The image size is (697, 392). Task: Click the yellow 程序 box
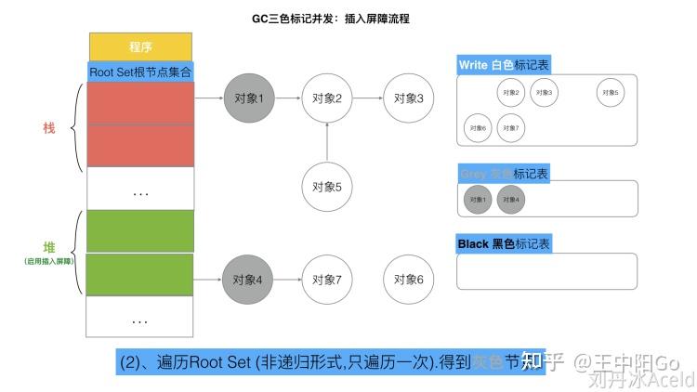[140, 45]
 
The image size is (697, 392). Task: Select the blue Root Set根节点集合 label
[141, 72]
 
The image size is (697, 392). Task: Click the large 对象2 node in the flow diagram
[327, 98]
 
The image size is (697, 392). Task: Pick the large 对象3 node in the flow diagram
[408, 98]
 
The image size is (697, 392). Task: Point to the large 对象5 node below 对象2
[327, 186]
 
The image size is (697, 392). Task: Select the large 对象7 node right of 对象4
[327, 279]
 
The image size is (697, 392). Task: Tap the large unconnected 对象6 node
[408, 279]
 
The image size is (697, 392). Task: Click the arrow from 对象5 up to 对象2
[327, 141]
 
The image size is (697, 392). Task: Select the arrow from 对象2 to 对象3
[367, 98]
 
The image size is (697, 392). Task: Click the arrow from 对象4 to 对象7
[288, 279]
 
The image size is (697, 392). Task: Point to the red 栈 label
[49, 127]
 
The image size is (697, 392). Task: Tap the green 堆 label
[49, 247]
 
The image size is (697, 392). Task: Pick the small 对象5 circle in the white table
[610, 92]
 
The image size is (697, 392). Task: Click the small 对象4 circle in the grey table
[510, 199]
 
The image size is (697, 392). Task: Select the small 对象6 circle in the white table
[478, 127]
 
